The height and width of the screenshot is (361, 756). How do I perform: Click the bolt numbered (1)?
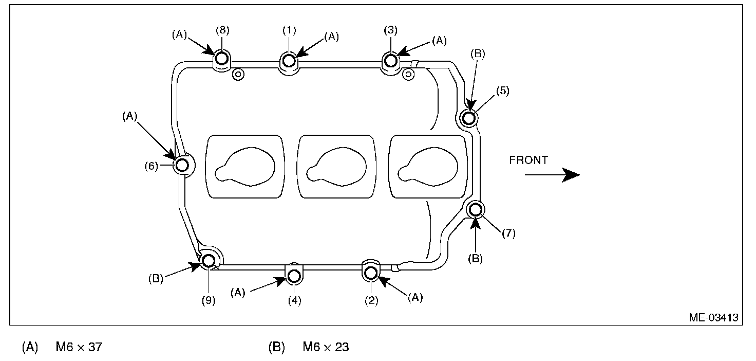pyautogui.click(x=289, y=61)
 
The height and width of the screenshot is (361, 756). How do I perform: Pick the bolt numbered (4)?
pyautogui.click(x=294, y=276)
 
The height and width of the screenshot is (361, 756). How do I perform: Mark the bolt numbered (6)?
pyautogui.click(x=182, y=166)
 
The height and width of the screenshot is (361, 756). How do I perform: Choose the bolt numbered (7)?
pyautogui.click(x=476, y=209)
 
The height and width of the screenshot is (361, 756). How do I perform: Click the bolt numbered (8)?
pyautogui.click(x=222, y=59)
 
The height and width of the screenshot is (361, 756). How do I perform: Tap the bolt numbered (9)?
pyautogui.click(x=209, y=261)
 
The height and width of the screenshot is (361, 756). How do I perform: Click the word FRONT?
pyautogui.click(x=528, y=160)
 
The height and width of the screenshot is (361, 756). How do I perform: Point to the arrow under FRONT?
pyautogui.click(x=552, y=175)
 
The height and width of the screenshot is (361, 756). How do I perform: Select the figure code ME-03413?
pyautogui.click(x=713, y=317)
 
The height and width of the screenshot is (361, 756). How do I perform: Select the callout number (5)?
pyautogui.click(x=502, y=91)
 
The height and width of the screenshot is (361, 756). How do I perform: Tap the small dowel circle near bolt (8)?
pyautogui.click(x=238, y=74)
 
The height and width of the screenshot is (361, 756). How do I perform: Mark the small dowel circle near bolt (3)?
pyautogui.click(x=408, y=74)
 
